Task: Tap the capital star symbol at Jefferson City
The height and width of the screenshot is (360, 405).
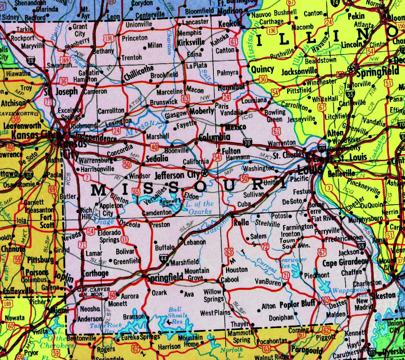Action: [x=205, y=173]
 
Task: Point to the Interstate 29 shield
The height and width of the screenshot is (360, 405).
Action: [x=31, y=61]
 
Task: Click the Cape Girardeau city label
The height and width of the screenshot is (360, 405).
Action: [x=345, y=262]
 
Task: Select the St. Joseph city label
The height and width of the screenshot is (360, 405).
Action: [x=61, y=92]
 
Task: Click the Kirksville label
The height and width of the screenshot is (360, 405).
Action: [x=191, y=42]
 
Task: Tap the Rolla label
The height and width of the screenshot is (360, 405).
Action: [x=241, y=223]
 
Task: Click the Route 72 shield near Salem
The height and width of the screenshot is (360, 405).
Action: [x=265, y=246]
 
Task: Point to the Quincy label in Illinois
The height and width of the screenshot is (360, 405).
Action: [x=262, y=69]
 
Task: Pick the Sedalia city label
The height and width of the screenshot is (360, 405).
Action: [x=157, y=159]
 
